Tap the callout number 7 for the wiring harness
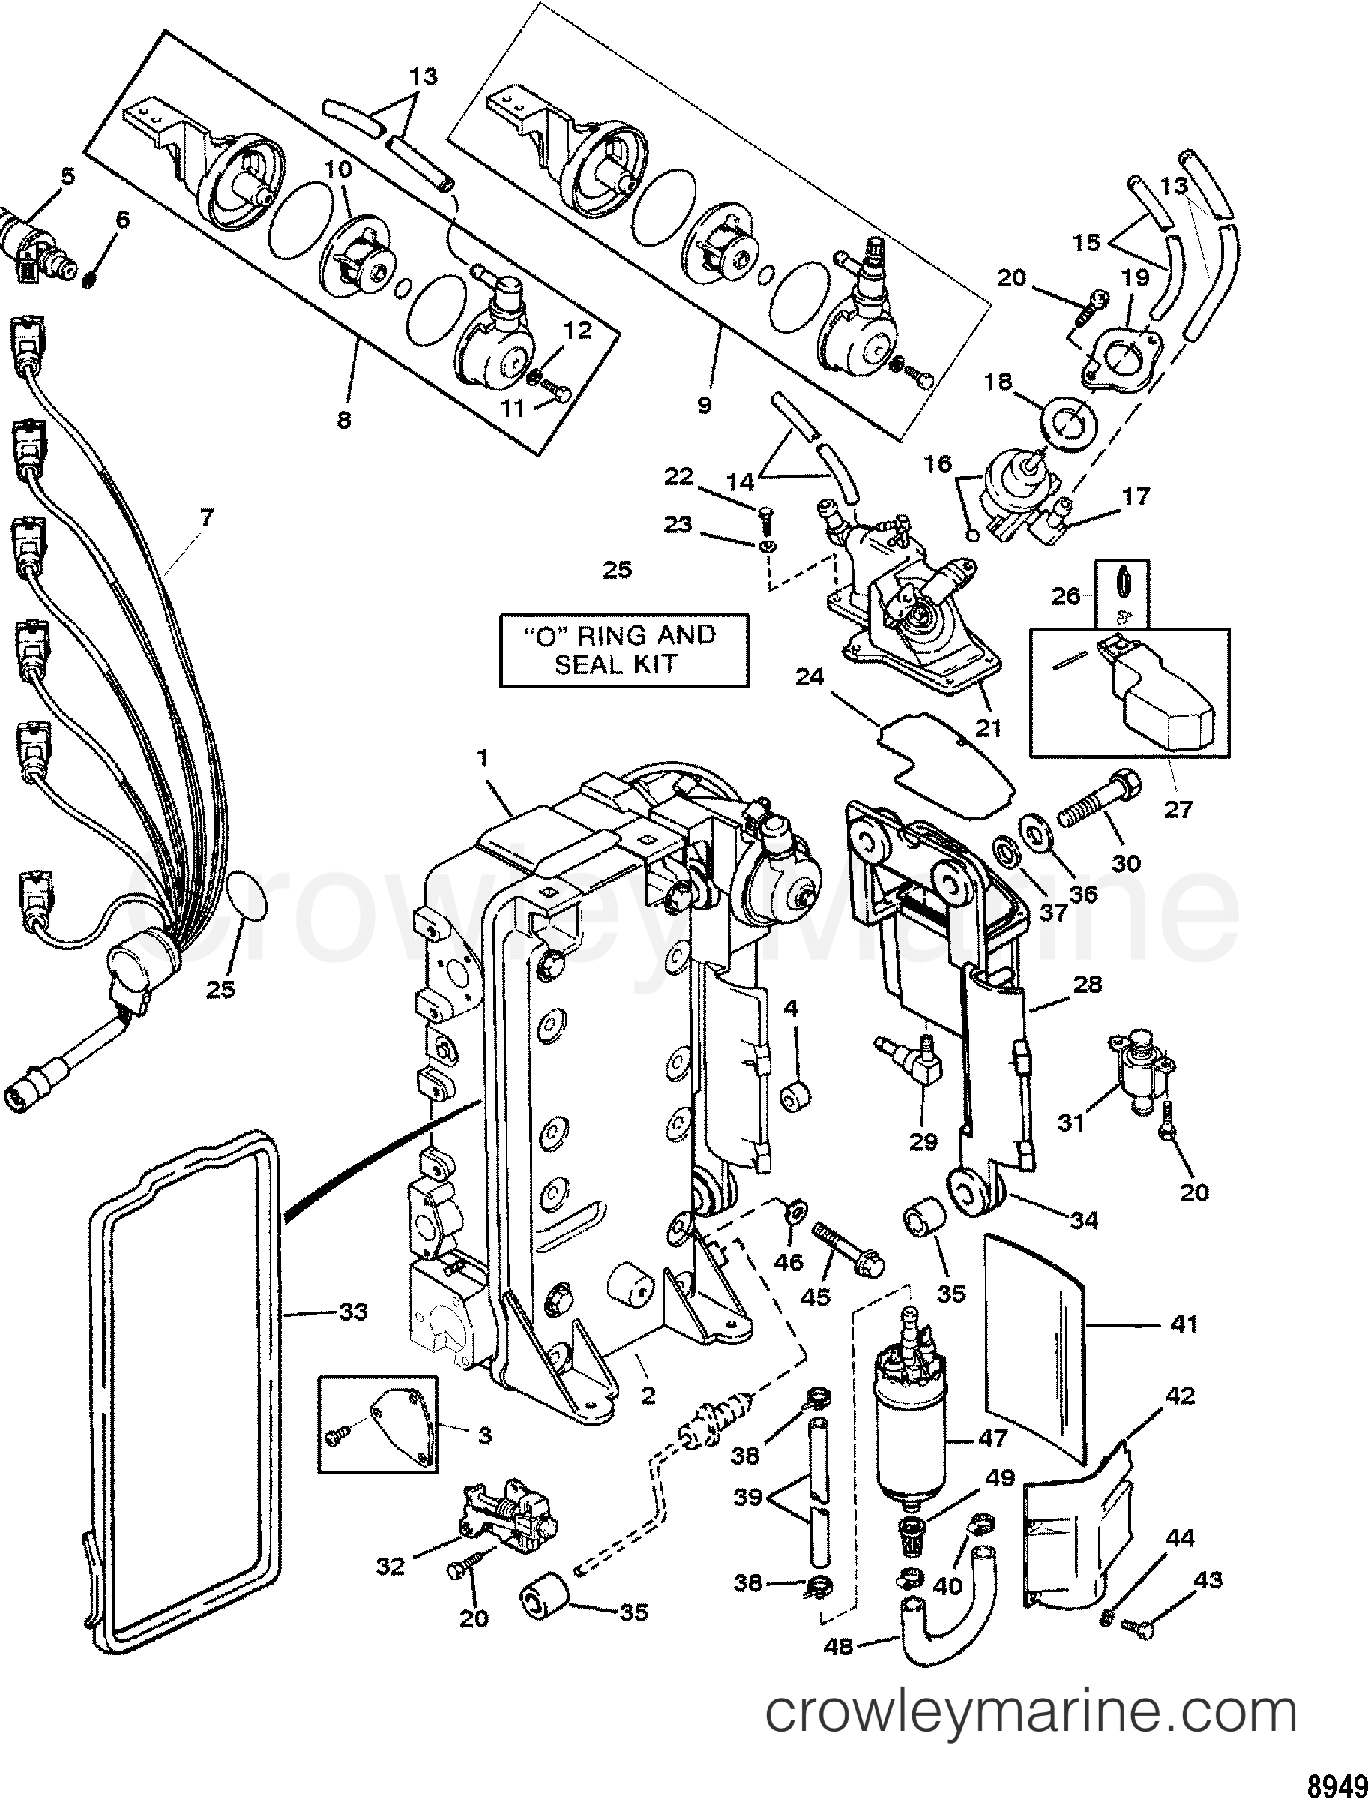click(206, 517)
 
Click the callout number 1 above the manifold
click(482, 759)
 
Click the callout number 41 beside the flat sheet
click(1184, 1324)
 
